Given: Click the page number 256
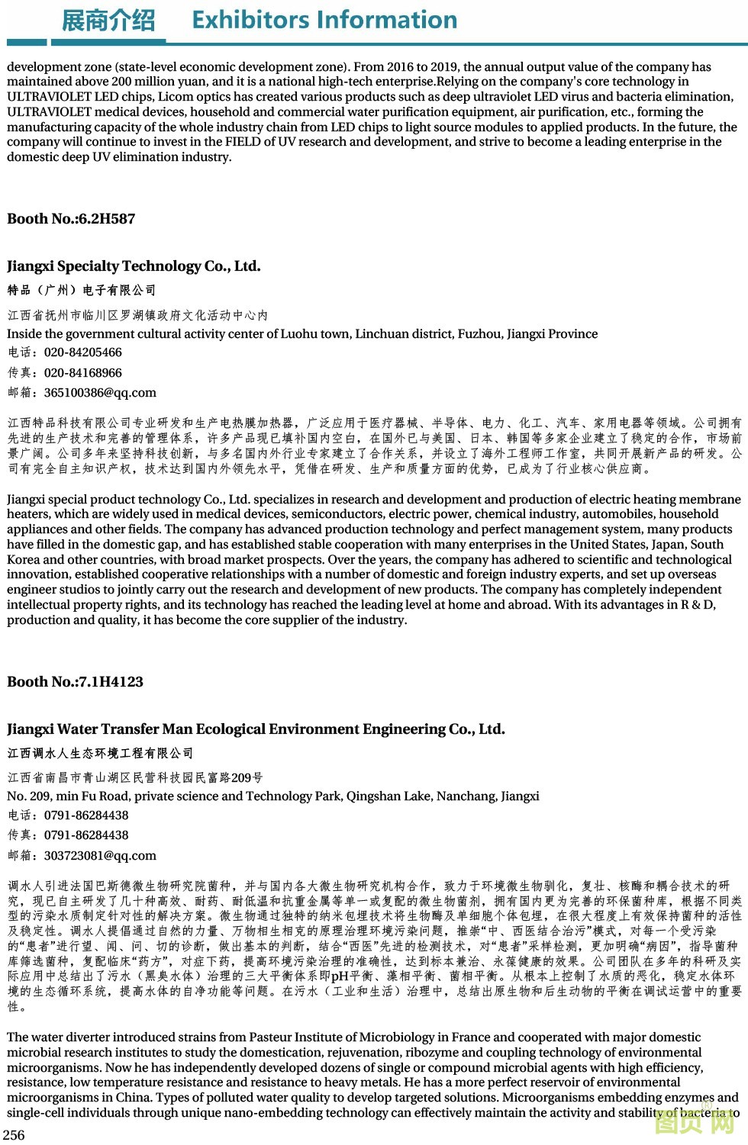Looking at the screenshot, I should click(15, 1134).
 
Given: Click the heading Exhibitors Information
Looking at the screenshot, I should click(324, 20).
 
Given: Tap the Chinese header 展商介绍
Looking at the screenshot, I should click(108, 21).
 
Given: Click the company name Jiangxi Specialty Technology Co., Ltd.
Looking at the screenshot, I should click(134, 266).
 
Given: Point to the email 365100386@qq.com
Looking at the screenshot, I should click(100, 393).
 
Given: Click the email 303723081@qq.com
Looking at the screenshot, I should click(100, 856).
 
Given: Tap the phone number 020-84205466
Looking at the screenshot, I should click(83, 352).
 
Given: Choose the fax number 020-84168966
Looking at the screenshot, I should click(83, 373).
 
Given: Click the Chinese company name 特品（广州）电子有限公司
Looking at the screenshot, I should click(82, 291).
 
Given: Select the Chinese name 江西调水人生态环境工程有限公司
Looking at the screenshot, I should click(100, 754).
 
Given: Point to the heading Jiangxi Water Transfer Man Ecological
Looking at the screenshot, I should click(256, 729).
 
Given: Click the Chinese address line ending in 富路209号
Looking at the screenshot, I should click(135, 778).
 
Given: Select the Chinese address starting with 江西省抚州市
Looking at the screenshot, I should click(137, 315).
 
